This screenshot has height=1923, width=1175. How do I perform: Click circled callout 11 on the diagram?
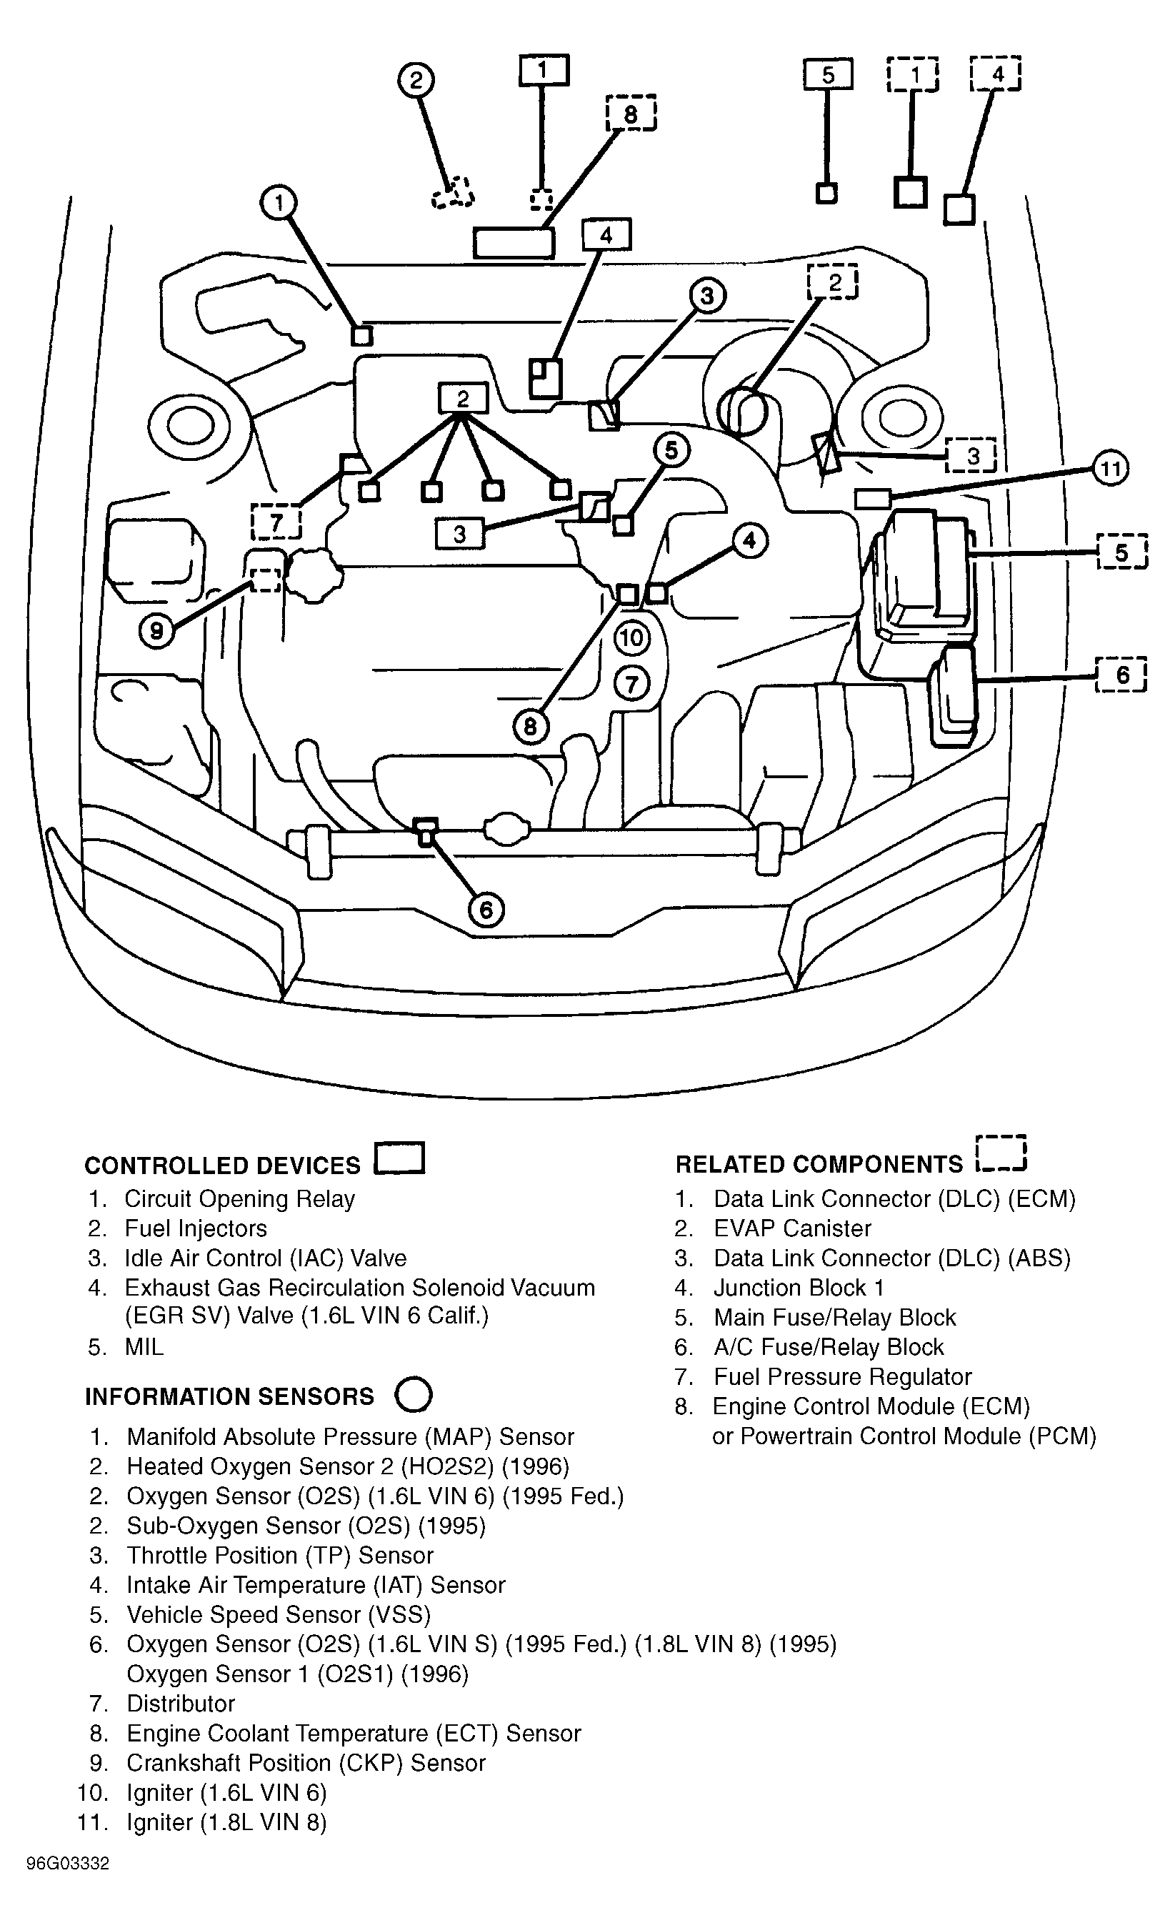tap(1110, 469)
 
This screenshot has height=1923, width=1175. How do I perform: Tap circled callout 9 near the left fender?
tap(157, 630)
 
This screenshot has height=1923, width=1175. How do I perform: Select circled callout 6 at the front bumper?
tap(486, 910)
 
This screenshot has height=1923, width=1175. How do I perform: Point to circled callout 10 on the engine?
tap(632, 638)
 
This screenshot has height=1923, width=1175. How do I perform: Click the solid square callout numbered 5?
tap(828, 75)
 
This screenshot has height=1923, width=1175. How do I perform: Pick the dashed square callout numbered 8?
tap(631, 114)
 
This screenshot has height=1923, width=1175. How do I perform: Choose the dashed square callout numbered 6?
tap(1122, 675)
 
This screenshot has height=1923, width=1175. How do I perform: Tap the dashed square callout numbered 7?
tap(276, 522)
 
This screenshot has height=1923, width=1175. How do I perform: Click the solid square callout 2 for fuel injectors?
tap(463, 399)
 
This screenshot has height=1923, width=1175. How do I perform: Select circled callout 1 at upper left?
tap(279, 203)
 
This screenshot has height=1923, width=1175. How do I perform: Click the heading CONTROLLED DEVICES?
tap(222, 1166)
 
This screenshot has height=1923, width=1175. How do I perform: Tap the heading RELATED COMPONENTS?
tap(819, 1163)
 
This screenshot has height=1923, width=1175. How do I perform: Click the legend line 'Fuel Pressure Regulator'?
tap(843, 1377)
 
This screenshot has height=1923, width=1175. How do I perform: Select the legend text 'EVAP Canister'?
tap(792, 1228)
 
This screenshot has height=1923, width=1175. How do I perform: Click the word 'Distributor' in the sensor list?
tap(181, 1704)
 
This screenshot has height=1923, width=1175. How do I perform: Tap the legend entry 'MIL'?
tap(144, 1347)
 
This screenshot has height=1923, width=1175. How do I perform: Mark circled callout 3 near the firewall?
tap(707, 297)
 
